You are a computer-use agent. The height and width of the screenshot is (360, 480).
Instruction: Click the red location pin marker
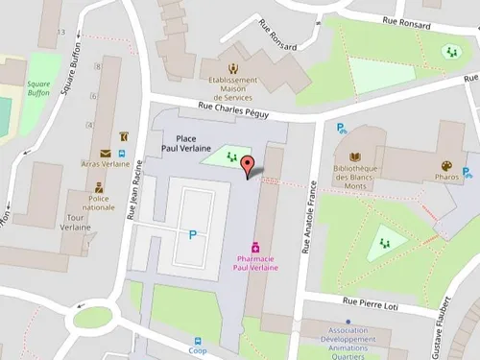[x=249, y=166]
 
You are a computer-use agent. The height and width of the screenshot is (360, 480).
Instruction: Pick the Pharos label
[x=447, y=178]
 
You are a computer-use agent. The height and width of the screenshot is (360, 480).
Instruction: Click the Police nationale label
[x=98, y=202]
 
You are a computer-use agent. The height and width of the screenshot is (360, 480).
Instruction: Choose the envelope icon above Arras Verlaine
[x=106, y=153]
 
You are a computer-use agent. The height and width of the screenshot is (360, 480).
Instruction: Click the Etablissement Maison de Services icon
[x=233, y=68]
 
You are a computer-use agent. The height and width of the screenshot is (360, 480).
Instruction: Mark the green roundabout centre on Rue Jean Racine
[x=94, y=318]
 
